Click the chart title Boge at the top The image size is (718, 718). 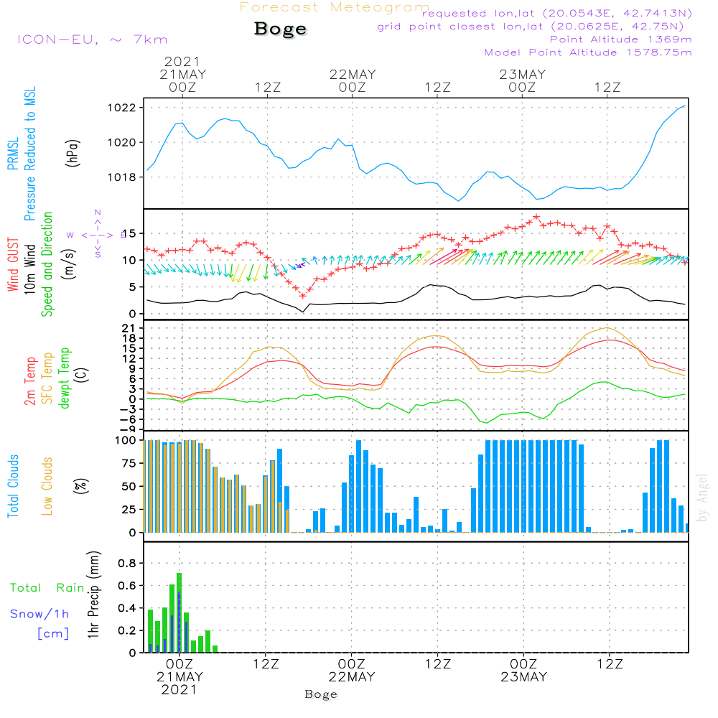click(x=280, y=29)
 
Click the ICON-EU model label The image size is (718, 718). click(x=92, y=39)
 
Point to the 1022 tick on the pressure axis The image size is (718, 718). click(x=126, y=108)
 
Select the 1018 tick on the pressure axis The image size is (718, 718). click(x=126, y=177)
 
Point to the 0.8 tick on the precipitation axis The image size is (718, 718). click(x=127, y=563)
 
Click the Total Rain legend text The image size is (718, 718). click(x=47, y=588)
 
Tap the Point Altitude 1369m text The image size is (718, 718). click(x=620, y=39)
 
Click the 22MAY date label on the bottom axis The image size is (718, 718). click(x=353, y=677)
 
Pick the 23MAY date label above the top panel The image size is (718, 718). click(x=522, y=74)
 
